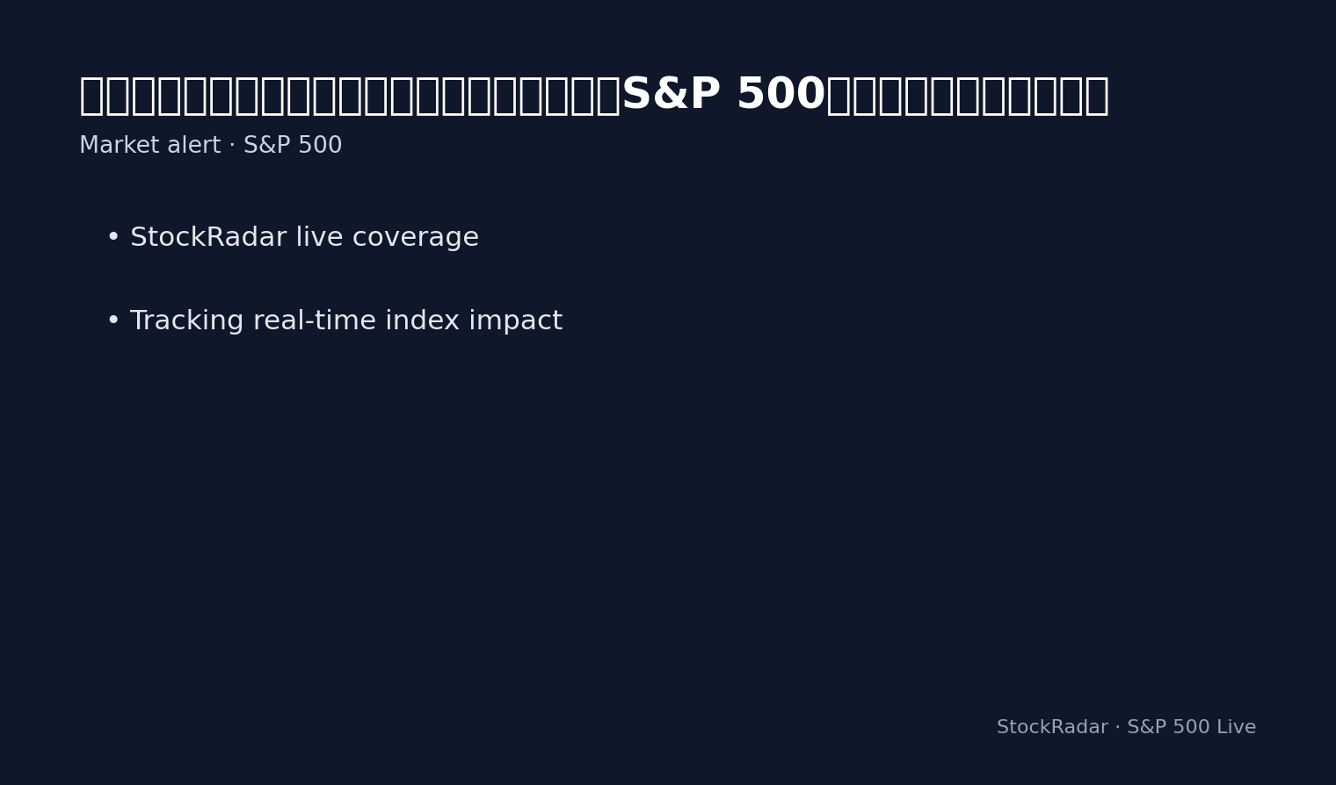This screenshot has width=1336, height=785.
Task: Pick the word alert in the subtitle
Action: coord(187,146)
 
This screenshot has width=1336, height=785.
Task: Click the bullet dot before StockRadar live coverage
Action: coord(113,238)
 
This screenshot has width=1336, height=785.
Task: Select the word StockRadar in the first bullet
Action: coord(208,238)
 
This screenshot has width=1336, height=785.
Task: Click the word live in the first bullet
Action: coord(315,238)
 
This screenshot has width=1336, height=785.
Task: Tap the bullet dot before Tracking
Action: coord(113,321)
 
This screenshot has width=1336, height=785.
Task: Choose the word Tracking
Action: coord(185,321)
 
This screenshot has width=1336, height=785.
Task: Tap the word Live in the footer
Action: coord(1236,727)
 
